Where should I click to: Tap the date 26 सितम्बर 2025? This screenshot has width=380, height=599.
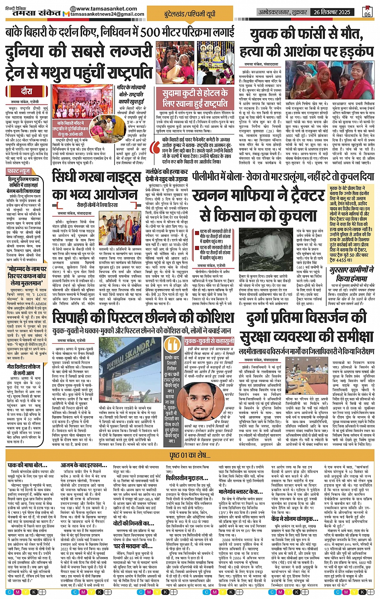tap(332, 12)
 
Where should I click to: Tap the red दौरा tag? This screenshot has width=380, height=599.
tap(27, 92)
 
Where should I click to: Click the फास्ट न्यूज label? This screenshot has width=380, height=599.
tap(18, 171)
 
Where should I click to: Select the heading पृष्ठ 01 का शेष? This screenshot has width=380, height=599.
tap(190, 455)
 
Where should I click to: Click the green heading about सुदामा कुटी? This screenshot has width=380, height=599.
tap(195, 98)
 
